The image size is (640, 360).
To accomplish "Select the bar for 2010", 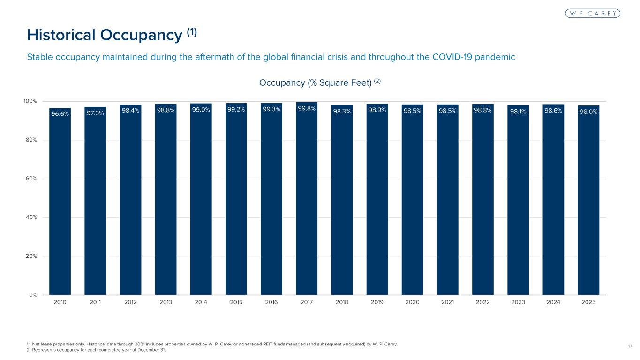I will [x=60, y=202].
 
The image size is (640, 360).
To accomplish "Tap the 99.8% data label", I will [x=307, y=108].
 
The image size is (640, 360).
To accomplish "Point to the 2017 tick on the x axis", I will [x=307, y=302].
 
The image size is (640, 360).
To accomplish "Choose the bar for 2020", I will [x=412, y=202].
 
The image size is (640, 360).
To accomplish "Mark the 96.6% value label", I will [x=60, y=113].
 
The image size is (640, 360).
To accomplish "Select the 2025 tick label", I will [x=588, y=302].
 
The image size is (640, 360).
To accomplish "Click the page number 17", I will [x=630, y=346].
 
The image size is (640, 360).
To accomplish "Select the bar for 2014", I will [x=201, y=202].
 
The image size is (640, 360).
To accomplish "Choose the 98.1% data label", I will [x=518, y=112].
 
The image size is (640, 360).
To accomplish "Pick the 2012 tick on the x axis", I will [x=130, y=302].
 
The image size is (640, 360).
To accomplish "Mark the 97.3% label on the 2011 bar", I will [x=95, y=112].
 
